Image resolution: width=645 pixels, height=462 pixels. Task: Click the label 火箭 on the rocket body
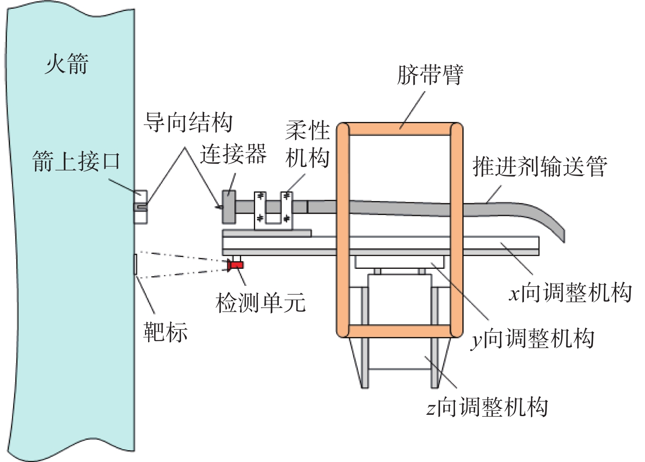tap(66, 64)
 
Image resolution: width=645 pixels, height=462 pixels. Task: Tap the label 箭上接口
tap(76, 161)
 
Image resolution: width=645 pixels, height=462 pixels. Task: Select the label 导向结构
tap(188, 122)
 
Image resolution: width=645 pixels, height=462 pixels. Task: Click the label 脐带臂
tap(430, 75)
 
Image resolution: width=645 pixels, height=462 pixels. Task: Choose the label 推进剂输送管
tap(540, 167)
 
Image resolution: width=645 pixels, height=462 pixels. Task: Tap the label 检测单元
tap(260, 302)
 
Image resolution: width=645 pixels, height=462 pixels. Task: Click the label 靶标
tap(166, 332)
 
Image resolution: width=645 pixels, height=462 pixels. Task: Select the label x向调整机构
tap(571, 292)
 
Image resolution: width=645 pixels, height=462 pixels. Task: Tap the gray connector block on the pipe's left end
tap(229, 206)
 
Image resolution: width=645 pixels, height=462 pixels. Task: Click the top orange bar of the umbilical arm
tap(399, 129)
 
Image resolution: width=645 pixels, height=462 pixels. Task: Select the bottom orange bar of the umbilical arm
tap(399, 331)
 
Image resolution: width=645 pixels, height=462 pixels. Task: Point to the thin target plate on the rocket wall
tap(135, 264)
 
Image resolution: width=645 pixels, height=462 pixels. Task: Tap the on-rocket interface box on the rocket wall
tap(140, 207)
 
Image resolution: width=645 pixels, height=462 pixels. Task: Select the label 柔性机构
tap(307, 144)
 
